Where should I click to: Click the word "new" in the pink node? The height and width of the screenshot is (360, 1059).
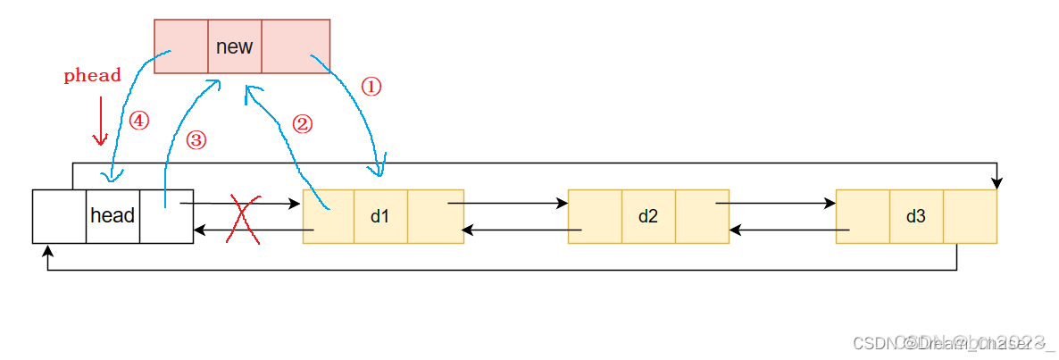tap(234, 46)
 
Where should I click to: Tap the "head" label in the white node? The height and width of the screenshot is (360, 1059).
tap(113, 215)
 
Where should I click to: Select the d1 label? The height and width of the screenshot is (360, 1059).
tap(380, 215)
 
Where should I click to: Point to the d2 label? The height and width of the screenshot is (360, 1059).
tap(648, 215)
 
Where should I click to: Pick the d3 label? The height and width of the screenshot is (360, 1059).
tap(915, 215)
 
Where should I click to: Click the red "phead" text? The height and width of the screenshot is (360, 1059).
tap(92, 76)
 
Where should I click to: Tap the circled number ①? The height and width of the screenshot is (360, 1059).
tap(371, 86)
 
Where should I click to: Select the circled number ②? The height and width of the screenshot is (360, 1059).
tap(303, 124)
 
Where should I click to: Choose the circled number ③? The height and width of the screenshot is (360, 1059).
tap(196, 140)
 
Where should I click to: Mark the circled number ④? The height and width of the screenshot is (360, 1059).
tap(138, 121)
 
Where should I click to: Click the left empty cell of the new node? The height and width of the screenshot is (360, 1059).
tap(181, 46)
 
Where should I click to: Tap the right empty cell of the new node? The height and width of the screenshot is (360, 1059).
tap(296, 46)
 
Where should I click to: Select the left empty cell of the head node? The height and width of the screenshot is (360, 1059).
tap(59, 215)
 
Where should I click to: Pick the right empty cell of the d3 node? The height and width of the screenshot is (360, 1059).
tap(970, 215)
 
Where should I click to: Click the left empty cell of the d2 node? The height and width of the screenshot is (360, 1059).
tap(595, 215)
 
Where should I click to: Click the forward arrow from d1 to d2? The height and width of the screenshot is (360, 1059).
tap(509, 203)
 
